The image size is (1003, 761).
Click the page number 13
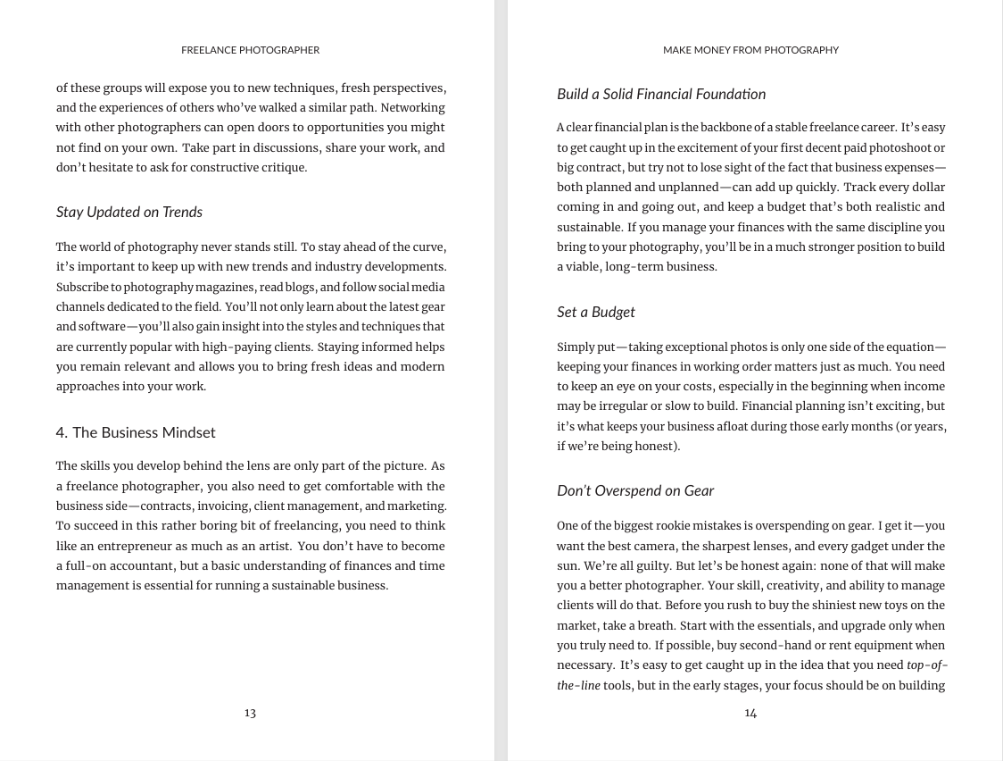pos(250,712)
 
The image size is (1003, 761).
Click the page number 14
pos(750,712)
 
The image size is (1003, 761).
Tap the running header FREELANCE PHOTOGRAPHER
pos(250,50)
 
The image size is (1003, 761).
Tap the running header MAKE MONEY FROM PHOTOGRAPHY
pos(750,50)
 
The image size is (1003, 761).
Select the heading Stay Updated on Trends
pos(129,212)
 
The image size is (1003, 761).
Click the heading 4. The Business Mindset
pos(136,432)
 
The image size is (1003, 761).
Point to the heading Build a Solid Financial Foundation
pos(661,94)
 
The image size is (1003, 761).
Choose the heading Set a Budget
pos(596,312)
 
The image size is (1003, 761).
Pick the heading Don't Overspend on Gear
pos(635,490)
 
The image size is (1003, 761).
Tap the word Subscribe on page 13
pos(82,287)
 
